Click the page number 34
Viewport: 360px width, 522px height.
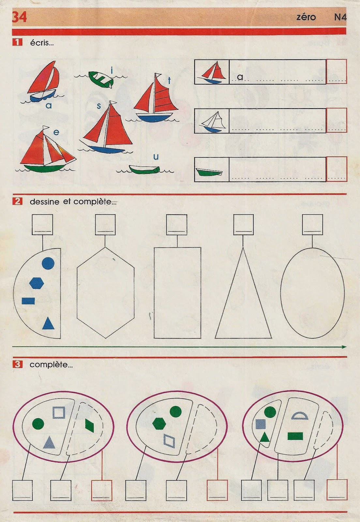19,17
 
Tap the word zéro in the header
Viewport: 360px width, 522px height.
306,17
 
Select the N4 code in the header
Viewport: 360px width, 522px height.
340,17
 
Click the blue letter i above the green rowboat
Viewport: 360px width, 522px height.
112,70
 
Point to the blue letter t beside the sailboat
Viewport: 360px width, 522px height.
169,81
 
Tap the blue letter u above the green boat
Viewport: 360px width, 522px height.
156,157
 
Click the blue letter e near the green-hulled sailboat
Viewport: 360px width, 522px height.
56,132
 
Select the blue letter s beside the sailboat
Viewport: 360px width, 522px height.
99,106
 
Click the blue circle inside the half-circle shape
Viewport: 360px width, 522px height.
48,263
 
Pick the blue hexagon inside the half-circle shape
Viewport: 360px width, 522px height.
37,283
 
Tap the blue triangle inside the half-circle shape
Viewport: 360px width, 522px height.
48,323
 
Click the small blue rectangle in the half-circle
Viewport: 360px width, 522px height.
28,301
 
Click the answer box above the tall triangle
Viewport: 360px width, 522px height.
243,225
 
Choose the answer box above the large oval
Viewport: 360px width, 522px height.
312,225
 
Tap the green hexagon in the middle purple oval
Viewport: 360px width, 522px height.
159,424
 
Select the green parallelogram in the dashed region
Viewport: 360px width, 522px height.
89,425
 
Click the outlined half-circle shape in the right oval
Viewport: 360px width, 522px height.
300,416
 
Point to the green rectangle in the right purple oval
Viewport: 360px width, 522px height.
295,436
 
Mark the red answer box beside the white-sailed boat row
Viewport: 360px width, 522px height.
337,120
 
